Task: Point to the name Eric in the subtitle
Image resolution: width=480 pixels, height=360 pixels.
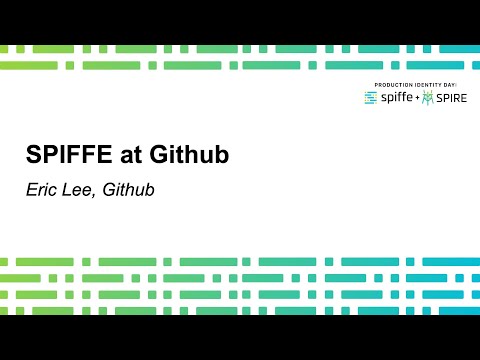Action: point(42,188)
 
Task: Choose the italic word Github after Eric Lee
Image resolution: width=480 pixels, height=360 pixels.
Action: point(129,188)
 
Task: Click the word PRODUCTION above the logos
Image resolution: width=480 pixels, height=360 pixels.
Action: point(392,85)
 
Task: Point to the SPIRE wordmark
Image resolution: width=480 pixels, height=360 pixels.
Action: point(452,98)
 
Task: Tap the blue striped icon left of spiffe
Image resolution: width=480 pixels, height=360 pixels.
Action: point(371,98)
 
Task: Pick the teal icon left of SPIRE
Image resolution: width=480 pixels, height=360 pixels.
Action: point(428,98)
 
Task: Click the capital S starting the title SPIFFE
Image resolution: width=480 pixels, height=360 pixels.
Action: point(33,155)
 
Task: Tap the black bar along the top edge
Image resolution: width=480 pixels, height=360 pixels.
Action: point(240,20)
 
